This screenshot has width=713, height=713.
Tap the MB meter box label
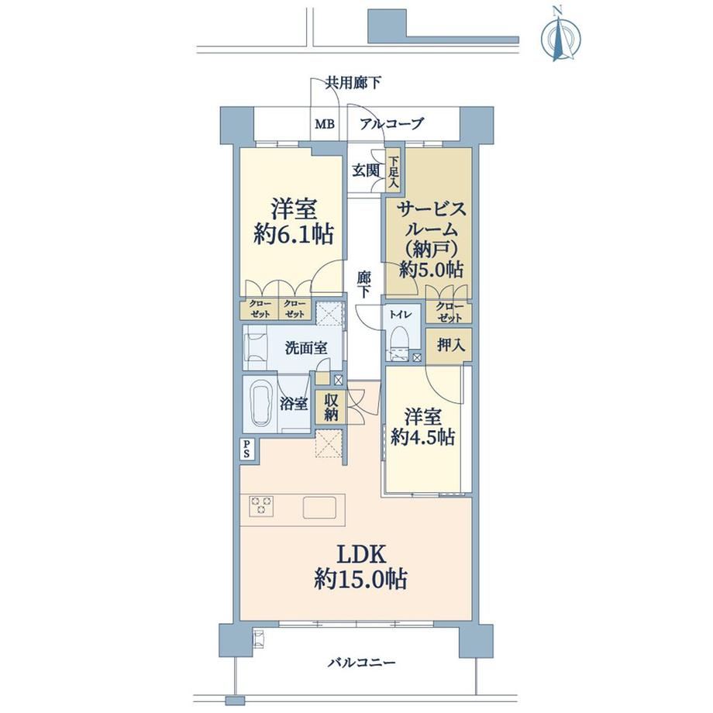click(x=325, y=124)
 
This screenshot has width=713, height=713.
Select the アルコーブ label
click(x=391, y=123)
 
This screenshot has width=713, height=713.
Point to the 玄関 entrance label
click(x=366, y=170)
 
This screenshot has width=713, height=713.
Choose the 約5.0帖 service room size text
click(x=431, y=270)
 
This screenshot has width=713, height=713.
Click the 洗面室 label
click(x=306, y=348)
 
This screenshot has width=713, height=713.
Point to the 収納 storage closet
click(x=331, y=407)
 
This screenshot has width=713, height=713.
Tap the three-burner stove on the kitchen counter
click(x=261, y=505)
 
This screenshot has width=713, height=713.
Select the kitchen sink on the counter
click(x=320, y=508)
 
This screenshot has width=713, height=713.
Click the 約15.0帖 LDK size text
click(x=360, y=579)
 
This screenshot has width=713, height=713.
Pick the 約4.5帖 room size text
click(x=423, y=437)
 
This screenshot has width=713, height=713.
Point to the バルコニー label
click(x=361, y=662)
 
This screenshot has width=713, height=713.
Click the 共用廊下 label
click(x=353, y=83)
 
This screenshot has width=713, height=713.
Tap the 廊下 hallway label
click(x=363, y=284)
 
